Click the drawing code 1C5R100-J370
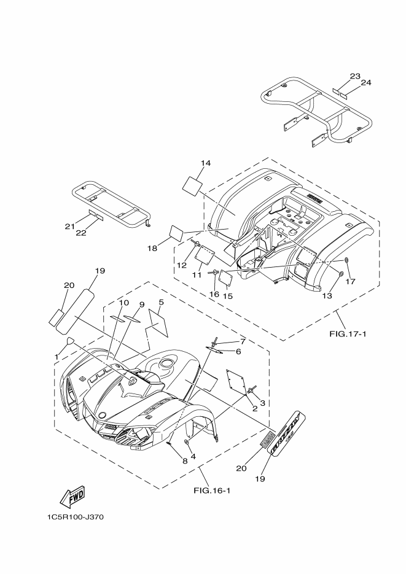[x=75, y=517]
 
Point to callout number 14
[x=205, y=163]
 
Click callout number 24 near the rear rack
[x=366, y=82]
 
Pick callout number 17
[x=350, y=282]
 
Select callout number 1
[x=57, y=356]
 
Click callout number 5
[x=160, y=302]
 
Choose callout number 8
[x=168, y=459]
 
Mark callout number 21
[x=70, y=227]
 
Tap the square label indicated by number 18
[x=177, y=233]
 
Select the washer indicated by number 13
[x=340, y=272]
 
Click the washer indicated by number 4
[x=186, y=442]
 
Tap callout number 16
[x=214, y=295]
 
